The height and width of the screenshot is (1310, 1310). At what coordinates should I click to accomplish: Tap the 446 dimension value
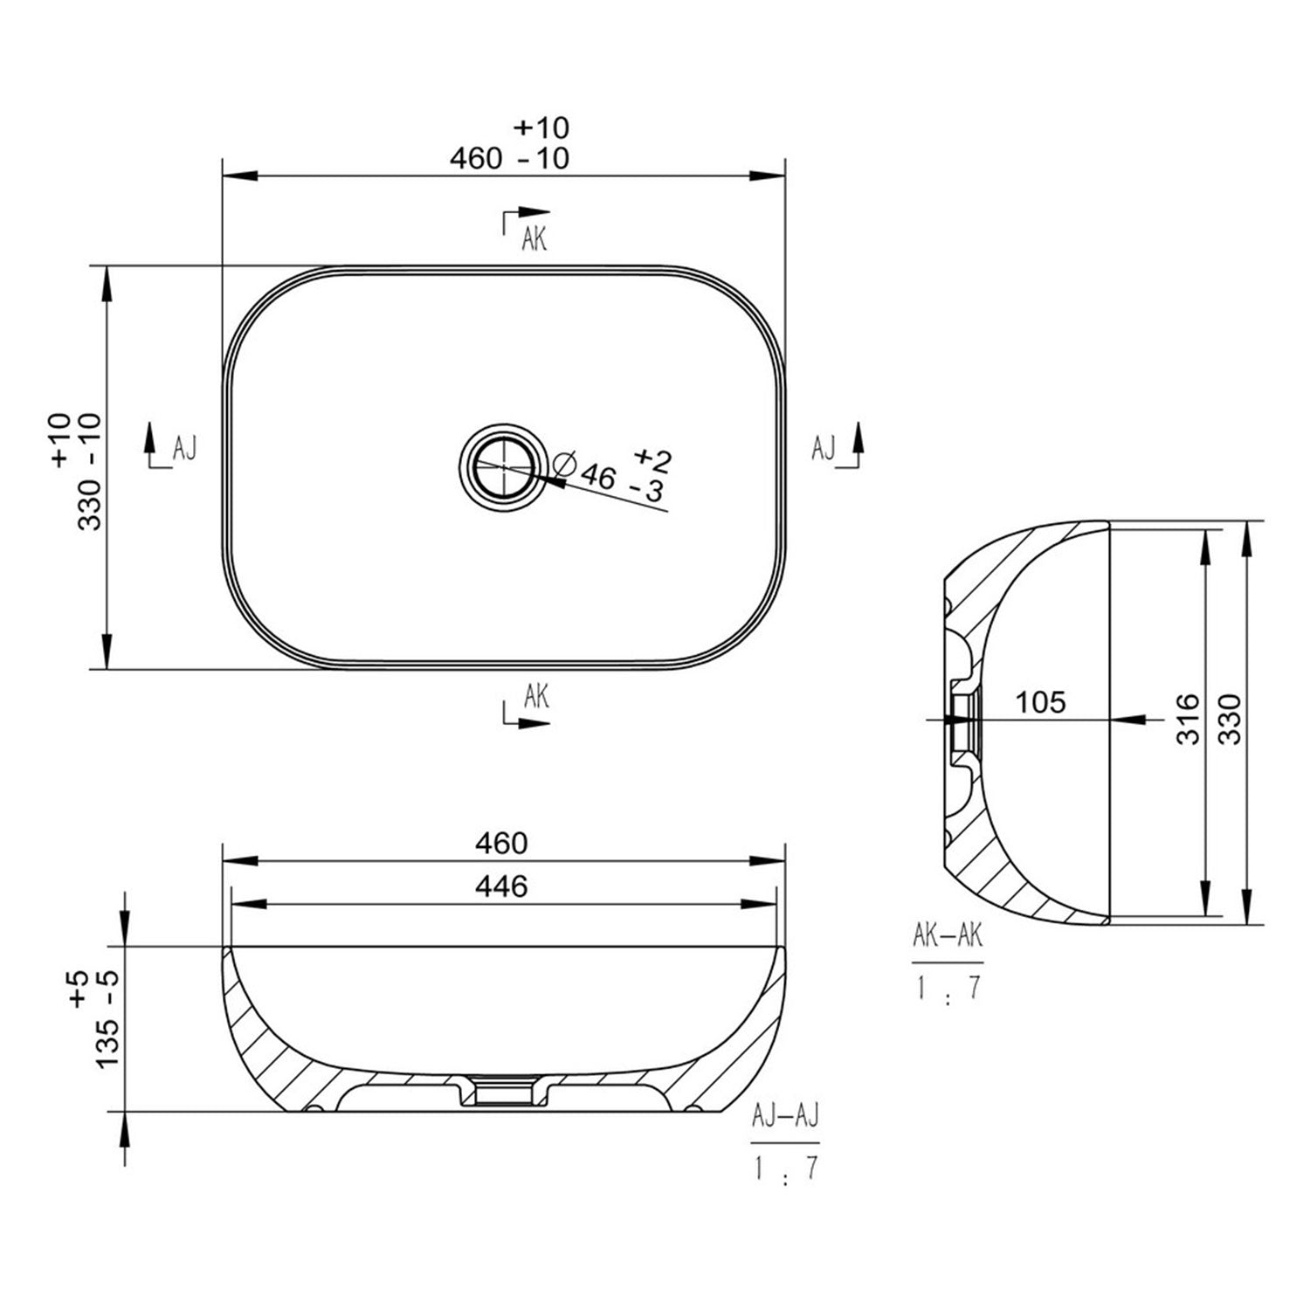point(501,886)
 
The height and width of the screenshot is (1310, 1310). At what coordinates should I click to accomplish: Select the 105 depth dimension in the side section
point(1041,701)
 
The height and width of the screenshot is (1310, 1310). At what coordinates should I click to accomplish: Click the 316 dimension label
point(1187,719)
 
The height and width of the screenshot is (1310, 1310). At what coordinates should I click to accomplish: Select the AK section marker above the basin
point(534,238)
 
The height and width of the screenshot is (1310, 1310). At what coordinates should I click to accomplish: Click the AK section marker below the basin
point(536,696)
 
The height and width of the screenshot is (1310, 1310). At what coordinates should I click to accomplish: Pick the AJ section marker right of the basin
point(824,448)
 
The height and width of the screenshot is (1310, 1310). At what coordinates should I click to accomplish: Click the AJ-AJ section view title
point(784,1117)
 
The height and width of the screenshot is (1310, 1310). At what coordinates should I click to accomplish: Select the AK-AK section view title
point(948,936)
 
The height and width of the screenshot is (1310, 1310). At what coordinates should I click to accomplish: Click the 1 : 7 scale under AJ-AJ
point(784,1167)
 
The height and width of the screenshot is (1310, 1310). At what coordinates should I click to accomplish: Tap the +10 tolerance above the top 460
point(541,128)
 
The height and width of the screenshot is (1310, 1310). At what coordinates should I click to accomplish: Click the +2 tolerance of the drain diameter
point(652,458)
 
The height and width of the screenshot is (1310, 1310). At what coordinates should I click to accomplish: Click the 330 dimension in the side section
point(1229,719)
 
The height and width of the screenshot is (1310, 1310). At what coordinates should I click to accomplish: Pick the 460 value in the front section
point(501,843)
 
